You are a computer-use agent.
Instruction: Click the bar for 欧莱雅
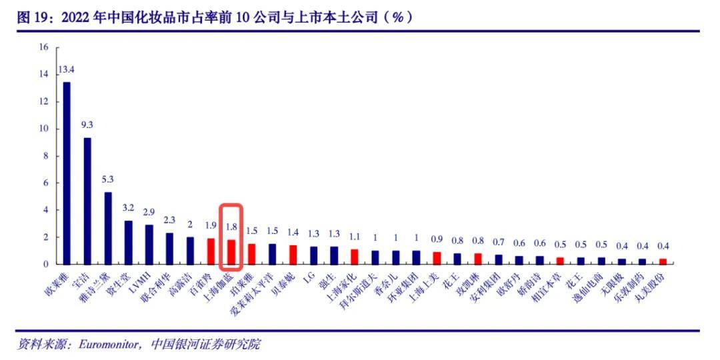(x=67, y=173)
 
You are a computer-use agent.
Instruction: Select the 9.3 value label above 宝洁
(x=87, y=125)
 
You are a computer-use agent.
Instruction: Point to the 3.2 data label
(x=129, y=207)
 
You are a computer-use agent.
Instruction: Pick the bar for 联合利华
(x=169, y=248)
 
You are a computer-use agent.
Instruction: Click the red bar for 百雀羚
(x=211, y=251)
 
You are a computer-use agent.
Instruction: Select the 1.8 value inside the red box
(x=231, y=226)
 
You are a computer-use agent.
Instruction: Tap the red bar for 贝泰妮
(x=293, y=254)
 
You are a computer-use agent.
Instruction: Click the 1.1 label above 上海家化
(x=355, y=236)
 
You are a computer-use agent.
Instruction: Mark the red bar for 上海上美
(x=437, y=257)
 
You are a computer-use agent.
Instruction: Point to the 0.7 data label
(x=499, y=241)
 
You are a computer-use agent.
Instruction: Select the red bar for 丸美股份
(x=663, y=261)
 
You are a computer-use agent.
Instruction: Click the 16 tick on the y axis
(x=44, y=47)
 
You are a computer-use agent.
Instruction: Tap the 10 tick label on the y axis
(x=44, y=129)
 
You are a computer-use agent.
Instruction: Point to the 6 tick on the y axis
(x=46, y=183)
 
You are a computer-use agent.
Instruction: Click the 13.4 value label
(x=67, y=69)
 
